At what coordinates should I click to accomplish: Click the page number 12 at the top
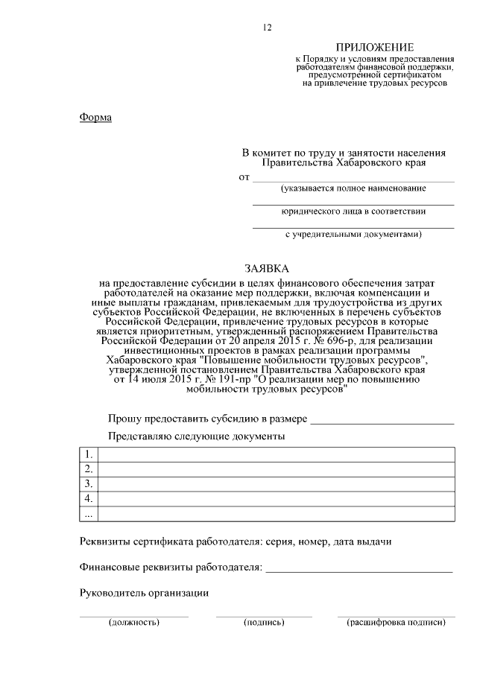pos(267,28)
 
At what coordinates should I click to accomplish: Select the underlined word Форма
pos(95,118)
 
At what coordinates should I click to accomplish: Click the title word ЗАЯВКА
pos(266,268)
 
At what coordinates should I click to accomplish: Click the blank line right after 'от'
pos(353,179)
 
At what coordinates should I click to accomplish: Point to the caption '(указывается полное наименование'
pos(353,188)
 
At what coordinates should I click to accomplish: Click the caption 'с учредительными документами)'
pos(353,234)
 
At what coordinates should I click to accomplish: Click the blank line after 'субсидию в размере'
pos(382,421)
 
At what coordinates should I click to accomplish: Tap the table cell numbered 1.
pos(89,454)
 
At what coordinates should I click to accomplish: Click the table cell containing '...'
pos(89,514)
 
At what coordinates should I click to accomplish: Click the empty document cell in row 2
pos(276,469)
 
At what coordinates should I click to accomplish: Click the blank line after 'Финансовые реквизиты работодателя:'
pos(358,570)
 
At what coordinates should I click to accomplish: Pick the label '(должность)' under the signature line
pos(134,622)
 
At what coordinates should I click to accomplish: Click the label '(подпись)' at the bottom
pos(264,622)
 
